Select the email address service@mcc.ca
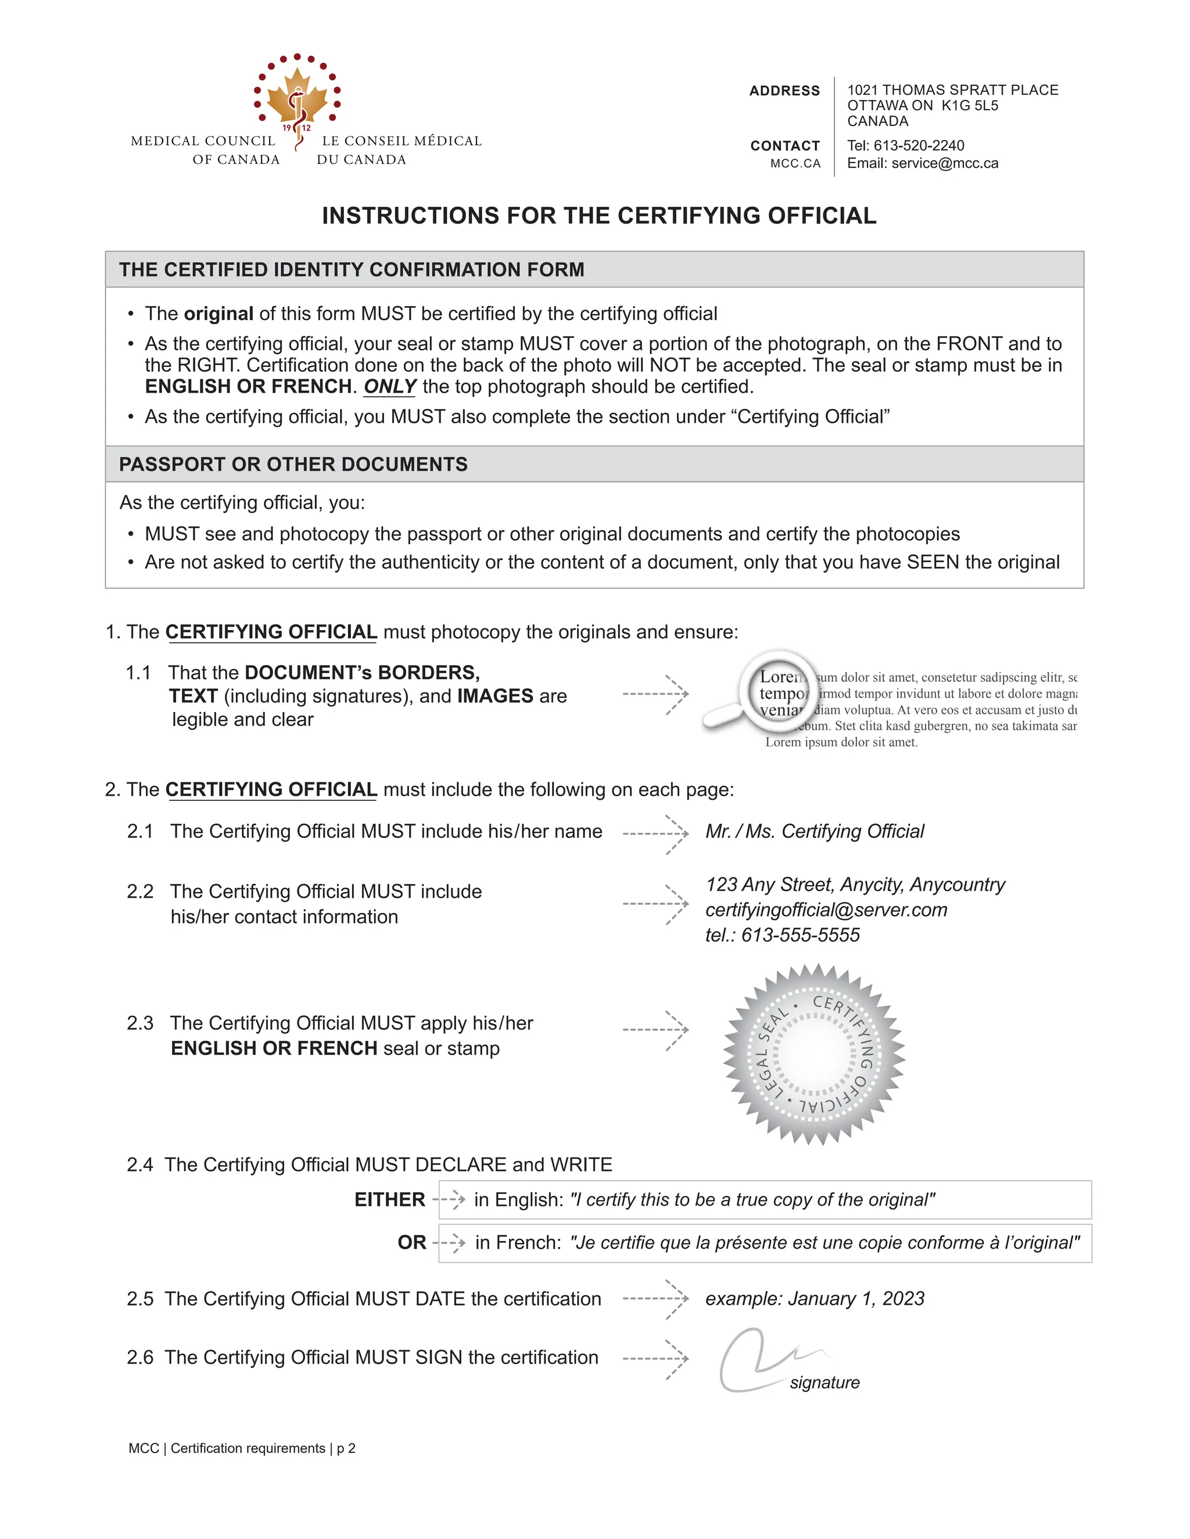tap(945, 164)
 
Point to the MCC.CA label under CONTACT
tap(795, 164)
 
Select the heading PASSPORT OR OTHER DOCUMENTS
tap(293, 465)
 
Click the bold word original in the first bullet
tap(218, 314)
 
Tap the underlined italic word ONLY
tap(390, 387)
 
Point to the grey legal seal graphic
tap(813, 1053)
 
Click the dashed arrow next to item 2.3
tap(655, 1030)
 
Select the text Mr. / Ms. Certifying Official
tap(814, 832)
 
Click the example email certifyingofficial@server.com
tap(826, 909)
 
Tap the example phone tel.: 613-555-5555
tap(783, 935)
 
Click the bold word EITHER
tap(389, 1200)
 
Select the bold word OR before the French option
tap(412, 1242)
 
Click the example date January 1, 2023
tap(856, 1299)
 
